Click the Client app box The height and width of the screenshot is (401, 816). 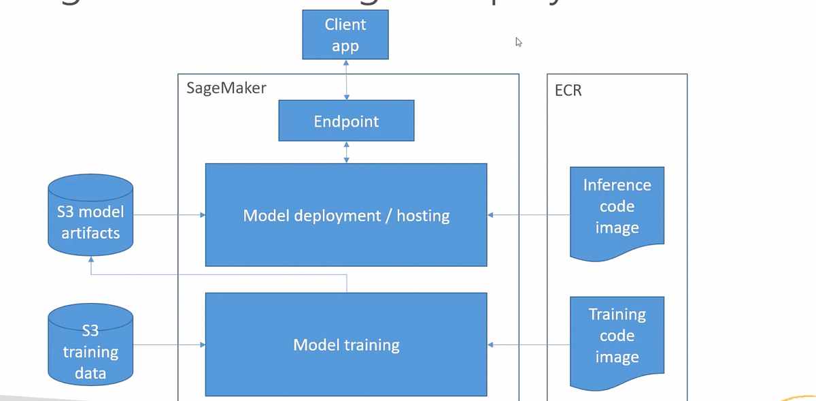coord(345,35)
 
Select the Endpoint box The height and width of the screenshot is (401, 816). coord(346,121)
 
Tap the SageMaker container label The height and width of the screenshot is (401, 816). coord(226,88)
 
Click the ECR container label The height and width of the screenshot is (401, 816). coord(568,90)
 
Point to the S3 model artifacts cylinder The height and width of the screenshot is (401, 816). coord(90,214)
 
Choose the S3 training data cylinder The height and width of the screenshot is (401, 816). coord(90,344)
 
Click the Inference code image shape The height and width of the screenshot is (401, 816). coord(617,207)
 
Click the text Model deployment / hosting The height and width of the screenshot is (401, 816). coord(346,216)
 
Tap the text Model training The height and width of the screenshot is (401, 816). coord(346,345)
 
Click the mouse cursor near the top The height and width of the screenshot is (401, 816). coord(518,42)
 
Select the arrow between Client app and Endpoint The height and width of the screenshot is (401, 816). coord(347,80)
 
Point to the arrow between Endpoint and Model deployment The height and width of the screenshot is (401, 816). coord(347,153)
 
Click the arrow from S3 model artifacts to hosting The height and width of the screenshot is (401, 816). coord(169,215)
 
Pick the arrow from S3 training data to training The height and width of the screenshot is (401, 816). coord(169,345)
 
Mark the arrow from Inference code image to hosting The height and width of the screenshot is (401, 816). coord(528,215)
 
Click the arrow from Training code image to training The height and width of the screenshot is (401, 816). coord(528,345)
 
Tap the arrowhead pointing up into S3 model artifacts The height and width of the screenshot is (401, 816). coord(91,260)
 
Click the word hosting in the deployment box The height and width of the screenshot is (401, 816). coord(423,216)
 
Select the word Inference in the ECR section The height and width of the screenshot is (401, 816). coord(617,185)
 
